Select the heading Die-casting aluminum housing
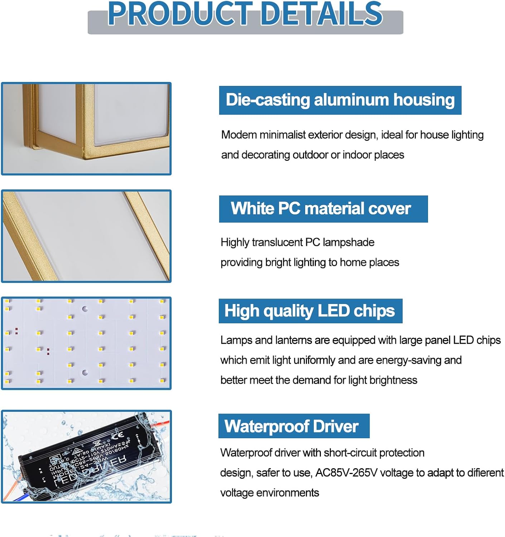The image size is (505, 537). [x=340, y=100]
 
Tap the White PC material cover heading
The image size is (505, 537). [x=321, y=208]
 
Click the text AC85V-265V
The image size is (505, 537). [x=346, y=473]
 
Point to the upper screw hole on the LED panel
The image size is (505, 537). [x=85, y=309]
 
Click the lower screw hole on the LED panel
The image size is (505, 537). [x=85, y=373]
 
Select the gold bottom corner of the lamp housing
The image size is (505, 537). [x=88, y=154]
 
